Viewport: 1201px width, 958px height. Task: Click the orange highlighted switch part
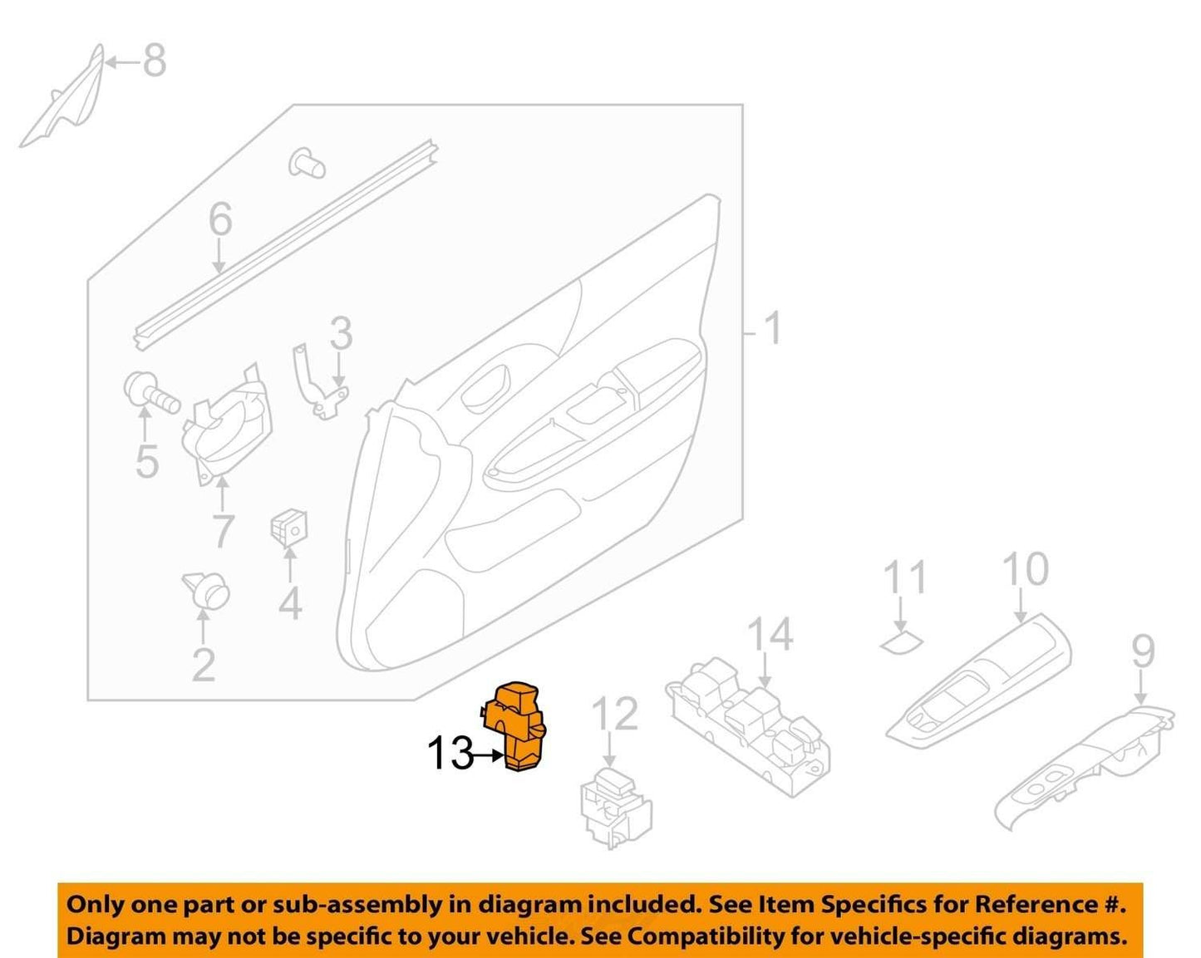(514, 726)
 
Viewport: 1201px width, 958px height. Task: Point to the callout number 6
(220, 219)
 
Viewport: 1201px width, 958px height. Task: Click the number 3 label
(341, 333)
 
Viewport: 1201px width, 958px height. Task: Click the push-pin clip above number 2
(207, 591)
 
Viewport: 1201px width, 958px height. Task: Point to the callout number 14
(770, 634)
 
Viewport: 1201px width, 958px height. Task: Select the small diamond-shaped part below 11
(901, 642)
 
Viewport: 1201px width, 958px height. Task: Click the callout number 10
(1026, 569)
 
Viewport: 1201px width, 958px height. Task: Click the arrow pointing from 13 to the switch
(487, 755)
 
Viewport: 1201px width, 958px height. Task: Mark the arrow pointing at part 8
(122, 62)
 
